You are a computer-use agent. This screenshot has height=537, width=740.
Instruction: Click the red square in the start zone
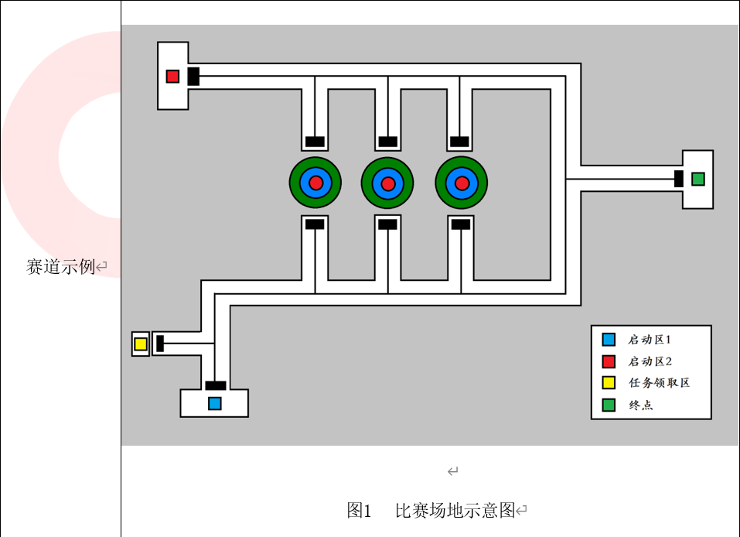coord(172,76)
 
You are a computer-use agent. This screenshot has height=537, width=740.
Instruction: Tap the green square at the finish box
coord(697,179)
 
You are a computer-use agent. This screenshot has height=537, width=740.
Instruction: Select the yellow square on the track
coord(140,344)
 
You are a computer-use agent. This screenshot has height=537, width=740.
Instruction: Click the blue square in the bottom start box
coord(214,403)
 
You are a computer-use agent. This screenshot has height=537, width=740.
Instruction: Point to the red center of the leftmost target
coord(315,183)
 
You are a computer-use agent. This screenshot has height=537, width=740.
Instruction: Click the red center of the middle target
coord(388,183)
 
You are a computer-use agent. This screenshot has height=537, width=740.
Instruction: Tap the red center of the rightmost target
coord(462,183)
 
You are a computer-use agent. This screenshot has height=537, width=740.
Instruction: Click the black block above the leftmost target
coord(315,142)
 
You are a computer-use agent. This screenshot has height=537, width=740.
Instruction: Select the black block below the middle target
coord(387,224)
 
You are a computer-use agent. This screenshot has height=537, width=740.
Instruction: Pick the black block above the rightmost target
coord(459,142)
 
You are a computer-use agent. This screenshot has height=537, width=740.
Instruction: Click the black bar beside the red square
coord(193,76)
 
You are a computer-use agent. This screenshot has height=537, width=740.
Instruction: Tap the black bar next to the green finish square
coord(678,179)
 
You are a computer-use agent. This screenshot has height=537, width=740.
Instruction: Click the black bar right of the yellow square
coord(160,344)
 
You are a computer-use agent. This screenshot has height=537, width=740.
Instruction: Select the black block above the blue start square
coord(215,385)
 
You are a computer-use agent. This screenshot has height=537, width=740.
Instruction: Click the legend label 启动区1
coord(650,340)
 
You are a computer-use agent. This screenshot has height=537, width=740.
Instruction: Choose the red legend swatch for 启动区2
coord(609,361)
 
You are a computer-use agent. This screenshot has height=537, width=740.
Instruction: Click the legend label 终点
coord(640,405)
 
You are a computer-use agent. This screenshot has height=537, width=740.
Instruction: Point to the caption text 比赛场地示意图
coord(455,511)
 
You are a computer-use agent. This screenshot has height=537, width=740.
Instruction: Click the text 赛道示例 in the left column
coord(60,268)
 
